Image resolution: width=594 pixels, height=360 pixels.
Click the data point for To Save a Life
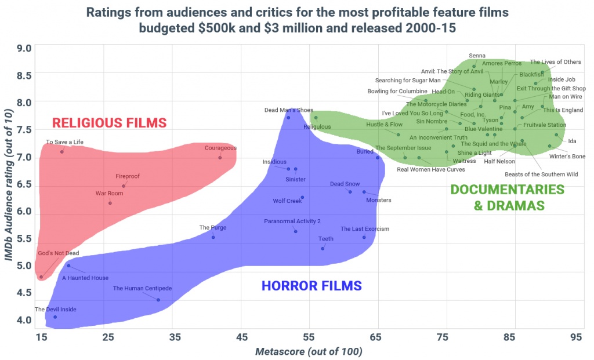point(62,152)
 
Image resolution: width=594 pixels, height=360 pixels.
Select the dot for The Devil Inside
point(55,317)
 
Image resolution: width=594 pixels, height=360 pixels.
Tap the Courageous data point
point(220,158)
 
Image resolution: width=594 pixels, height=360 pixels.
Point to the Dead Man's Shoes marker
point(288,118)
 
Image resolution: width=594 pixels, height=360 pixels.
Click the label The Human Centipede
point(142,288)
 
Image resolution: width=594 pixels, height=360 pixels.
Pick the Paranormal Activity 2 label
point(292,221)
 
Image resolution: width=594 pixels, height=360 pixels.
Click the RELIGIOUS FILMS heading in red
point(109,123)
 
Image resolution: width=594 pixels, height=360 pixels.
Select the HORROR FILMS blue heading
point(312,285)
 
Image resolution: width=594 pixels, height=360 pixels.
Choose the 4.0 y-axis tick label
point(23,320)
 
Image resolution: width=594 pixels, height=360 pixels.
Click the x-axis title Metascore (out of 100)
point(309,351)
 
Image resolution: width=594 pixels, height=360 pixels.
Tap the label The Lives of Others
point(555,63)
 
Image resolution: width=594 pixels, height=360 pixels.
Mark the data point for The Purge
point(213,237)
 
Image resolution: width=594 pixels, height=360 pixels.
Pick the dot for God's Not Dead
point(41,277)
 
